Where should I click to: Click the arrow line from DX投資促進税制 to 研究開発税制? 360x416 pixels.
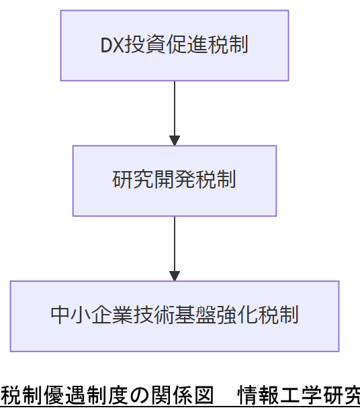[x=175, y=107]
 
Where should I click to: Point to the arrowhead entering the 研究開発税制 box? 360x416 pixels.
[x=175, y=141]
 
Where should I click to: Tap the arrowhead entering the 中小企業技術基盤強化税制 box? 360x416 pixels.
[x=175, y=276]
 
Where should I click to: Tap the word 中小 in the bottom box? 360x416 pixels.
[x=69, y=315]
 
